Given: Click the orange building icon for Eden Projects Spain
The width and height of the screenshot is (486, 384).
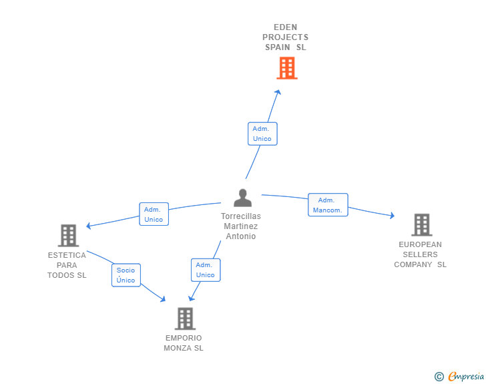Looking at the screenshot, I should (x=286, y=68).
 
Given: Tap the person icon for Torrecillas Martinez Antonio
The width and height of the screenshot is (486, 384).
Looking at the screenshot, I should (x=242, y=198).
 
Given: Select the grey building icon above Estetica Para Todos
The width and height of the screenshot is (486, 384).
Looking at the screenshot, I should (x=68, y=235).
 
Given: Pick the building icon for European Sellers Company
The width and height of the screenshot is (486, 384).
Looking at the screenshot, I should (x=421, y=225).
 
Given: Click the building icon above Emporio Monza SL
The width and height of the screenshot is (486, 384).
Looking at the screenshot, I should (x=185, y=319).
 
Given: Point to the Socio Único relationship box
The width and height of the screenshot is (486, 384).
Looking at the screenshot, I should (x=126, y=275).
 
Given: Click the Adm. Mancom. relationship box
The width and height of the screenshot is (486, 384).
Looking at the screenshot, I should (x=327, y=205).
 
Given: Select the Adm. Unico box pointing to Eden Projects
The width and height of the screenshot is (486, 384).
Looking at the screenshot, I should (x=262, y=134).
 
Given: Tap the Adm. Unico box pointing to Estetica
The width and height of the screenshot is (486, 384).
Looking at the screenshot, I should (x=154, y=214).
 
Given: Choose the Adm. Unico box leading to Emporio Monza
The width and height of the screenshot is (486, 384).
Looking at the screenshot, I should (x=206, y=270).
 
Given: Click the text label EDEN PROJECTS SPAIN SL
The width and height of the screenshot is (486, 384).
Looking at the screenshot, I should (x=285, y=37).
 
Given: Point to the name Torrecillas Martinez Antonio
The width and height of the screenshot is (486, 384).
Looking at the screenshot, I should (x=241, y=226).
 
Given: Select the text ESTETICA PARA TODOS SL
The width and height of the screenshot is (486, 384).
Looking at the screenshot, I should (x=67, y=265).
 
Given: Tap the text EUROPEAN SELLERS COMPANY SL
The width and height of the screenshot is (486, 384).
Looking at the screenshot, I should (x=421, y=254).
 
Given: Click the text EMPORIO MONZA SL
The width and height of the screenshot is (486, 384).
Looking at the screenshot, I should (x=184, y=343).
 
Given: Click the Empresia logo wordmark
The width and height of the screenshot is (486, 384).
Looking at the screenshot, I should (x=465, y=377).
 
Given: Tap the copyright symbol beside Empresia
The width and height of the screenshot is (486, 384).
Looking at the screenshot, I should (x=439, y=377).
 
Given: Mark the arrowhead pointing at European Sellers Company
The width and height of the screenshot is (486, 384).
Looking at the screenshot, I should (x=391, y=215).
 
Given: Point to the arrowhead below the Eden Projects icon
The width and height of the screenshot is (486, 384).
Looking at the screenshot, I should (x=278, y=92).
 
